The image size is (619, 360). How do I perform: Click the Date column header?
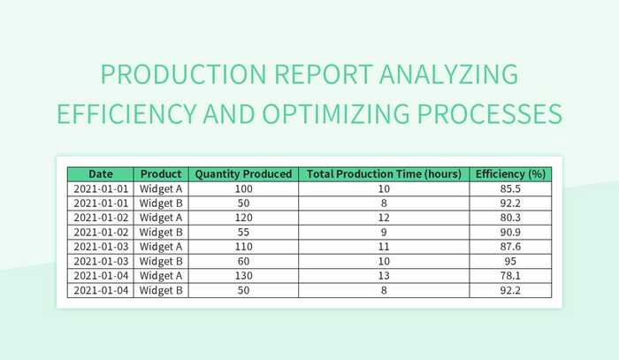click(100, 174)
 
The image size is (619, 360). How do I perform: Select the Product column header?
click(161, 174)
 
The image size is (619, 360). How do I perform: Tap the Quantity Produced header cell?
click(243, 174)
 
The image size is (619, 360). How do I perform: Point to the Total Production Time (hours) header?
click(384, 174)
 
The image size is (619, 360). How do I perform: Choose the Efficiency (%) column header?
click(510, 174)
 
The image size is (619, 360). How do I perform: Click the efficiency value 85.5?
click(510, 188)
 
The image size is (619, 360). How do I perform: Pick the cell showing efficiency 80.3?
click(510, 218)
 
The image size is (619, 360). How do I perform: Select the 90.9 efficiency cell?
click(510, 232)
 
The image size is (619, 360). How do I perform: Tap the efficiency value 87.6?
click(510, 247)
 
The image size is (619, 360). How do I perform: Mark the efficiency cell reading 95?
click(510, 261)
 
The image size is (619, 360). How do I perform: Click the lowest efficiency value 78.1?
click(510, 276)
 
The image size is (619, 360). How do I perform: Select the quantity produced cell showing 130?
click(243, 276)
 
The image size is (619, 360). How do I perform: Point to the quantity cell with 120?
click(243, 218)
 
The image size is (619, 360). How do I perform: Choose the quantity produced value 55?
click(243, 232)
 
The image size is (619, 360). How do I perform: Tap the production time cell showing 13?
click(384, 276)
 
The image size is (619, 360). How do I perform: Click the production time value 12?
click(384, 218)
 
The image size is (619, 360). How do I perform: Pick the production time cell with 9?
click(384, 232)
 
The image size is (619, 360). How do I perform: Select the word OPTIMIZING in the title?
click(379, 114)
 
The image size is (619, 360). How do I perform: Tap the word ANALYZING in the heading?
click(446, 75)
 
